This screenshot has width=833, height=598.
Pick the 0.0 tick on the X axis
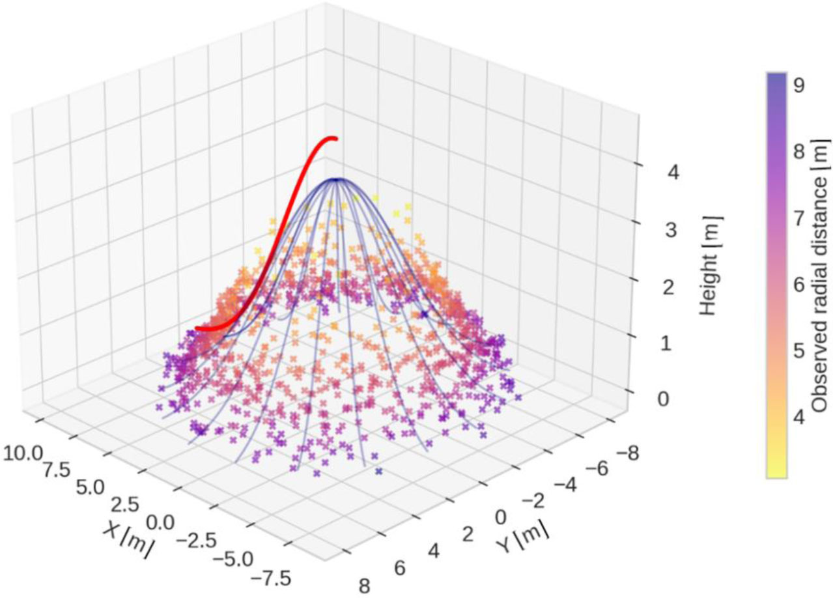point(160,521)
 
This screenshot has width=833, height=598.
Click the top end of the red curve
point(335,138)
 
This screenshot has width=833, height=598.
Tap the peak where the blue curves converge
point(335,178)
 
